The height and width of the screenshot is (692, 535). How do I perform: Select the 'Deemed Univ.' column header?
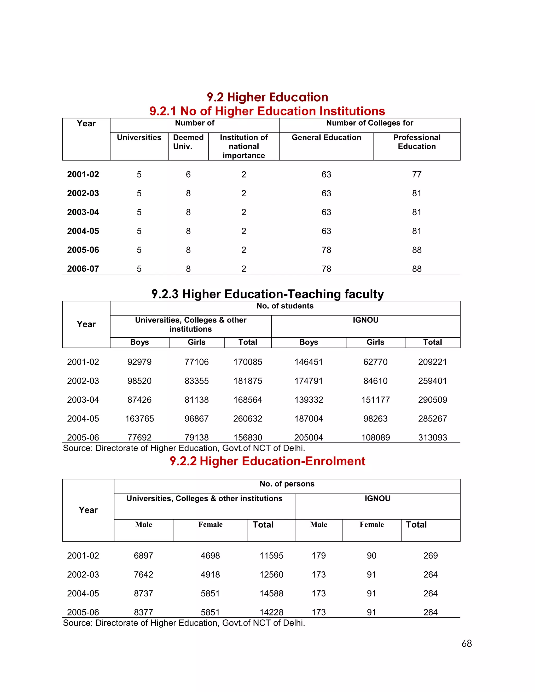point(188,142)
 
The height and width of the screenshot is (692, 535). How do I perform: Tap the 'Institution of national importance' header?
point(244,146)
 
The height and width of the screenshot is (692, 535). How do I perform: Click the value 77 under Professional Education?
point(416,175)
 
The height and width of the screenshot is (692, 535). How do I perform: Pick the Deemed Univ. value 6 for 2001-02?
point(188,175)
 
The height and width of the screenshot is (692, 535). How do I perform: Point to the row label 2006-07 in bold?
point(83,269)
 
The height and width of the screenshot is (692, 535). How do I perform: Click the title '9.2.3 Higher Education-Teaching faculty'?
point(267,294)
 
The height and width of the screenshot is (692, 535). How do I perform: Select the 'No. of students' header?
point(285,306)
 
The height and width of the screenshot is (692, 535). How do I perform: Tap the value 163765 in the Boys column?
point(139,419)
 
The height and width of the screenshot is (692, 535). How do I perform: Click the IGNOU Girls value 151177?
point(375,400)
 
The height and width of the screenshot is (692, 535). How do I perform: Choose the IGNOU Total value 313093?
point(432,438)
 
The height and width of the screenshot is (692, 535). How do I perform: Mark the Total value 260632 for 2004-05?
point(248,419)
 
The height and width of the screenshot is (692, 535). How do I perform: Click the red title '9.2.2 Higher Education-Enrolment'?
point(267,461)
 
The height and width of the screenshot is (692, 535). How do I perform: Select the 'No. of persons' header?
point(287,484)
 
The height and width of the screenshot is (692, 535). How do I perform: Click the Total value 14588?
point(271,594)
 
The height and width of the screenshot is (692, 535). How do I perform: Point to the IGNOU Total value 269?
point(431,556)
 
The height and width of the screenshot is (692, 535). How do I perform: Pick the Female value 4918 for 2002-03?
point(210,575)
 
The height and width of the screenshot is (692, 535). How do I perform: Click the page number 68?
point(467,643)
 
